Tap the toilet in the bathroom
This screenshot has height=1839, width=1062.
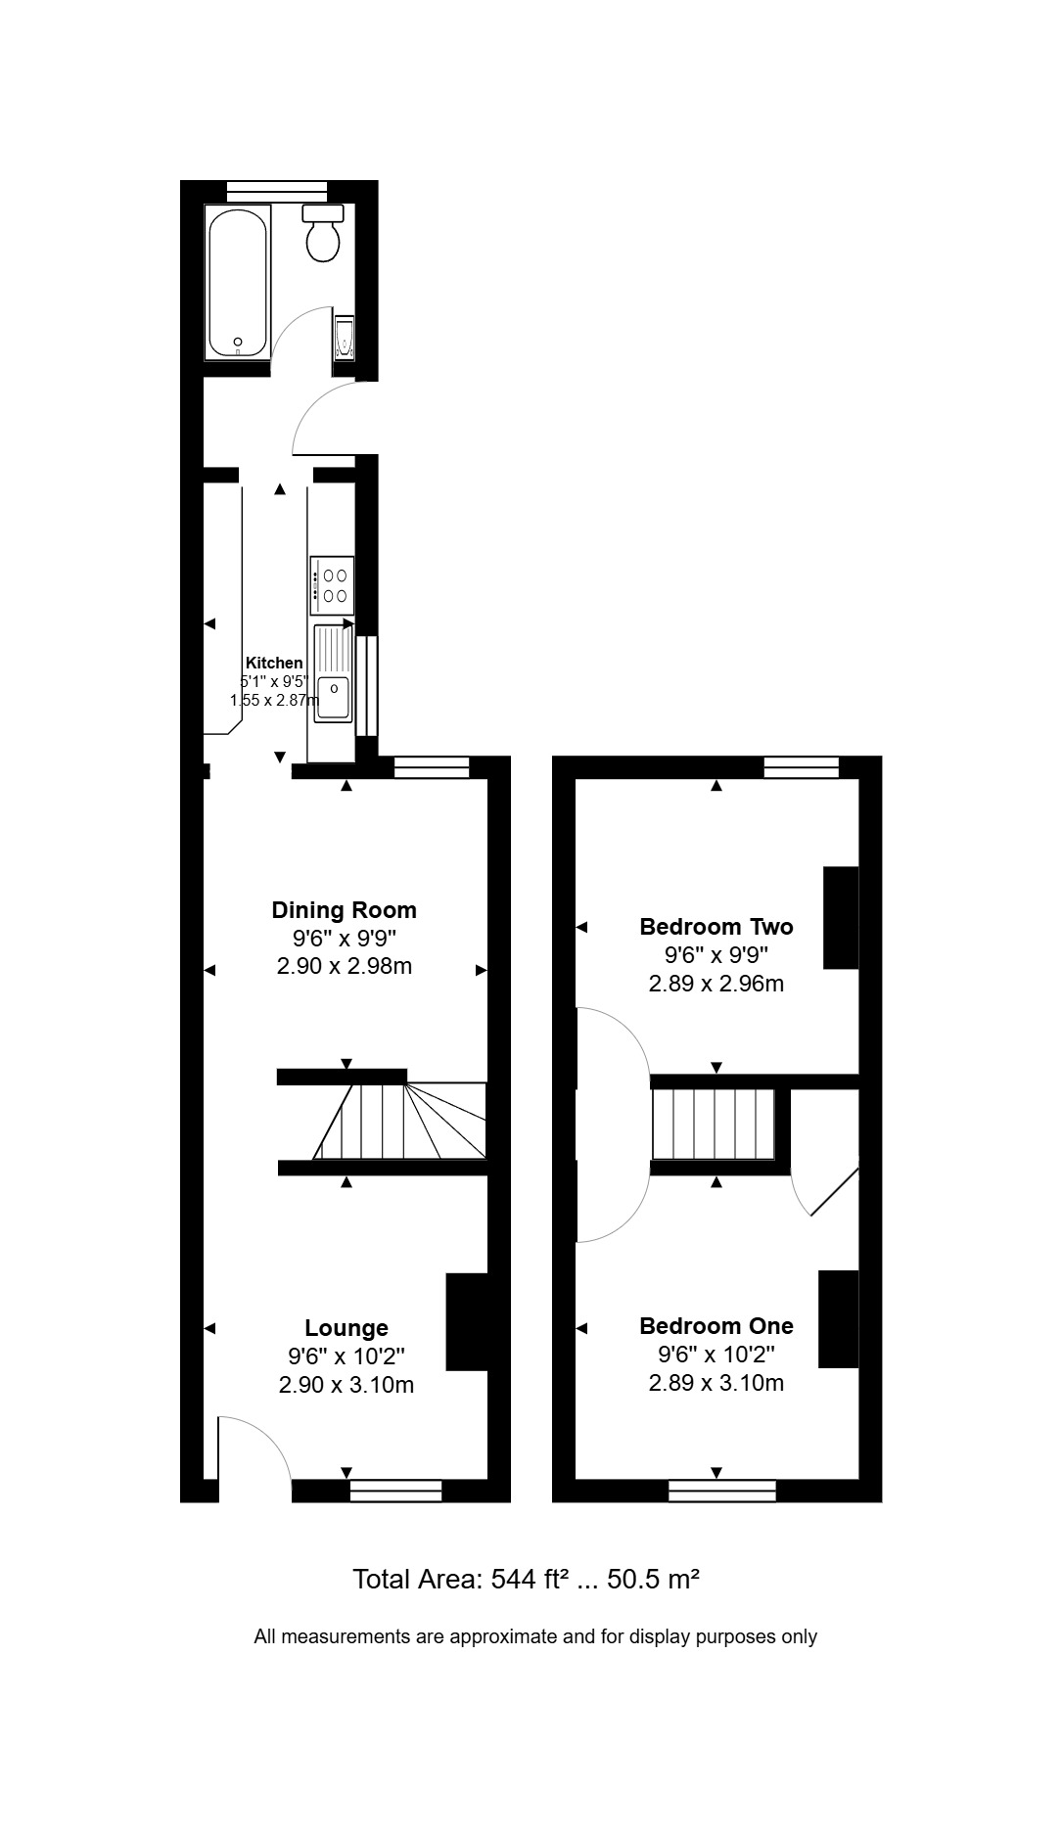[x=323, y=234]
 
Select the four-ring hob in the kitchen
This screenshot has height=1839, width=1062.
[x=332, y=584]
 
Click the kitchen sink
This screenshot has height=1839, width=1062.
[x=333, y=673]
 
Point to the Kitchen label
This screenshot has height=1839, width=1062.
[x=274, y=663]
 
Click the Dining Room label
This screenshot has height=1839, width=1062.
[x=345, y=910]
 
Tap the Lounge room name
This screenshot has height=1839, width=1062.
[x=346, y=1328]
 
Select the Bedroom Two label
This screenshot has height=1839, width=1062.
[x=716, y=926]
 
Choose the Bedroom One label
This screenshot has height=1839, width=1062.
[x=716, y=1326]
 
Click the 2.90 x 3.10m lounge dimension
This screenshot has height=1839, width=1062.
[x=346, y=1385]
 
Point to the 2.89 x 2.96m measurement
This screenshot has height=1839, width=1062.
[x=716, y=984]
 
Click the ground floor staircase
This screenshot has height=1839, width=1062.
[x=399, y=1122]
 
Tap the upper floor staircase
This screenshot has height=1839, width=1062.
[x=715, y=1125]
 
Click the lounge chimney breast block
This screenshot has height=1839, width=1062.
[x=467, y=1321]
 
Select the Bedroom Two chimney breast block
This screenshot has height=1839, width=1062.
[x=841, y=917]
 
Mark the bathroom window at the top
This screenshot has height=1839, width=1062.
[x=277, y=192]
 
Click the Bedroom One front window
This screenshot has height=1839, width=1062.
[x=722, y=1491]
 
